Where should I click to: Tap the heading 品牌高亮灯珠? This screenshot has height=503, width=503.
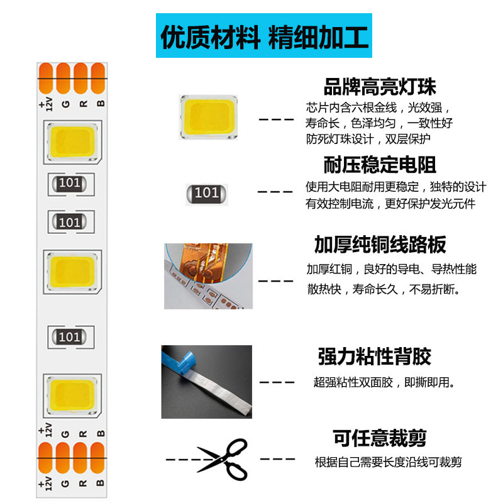click(x=379, y=86)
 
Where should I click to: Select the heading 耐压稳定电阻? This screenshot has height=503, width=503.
click(x=379, y=165)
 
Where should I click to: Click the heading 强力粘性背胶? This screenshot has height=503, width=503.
click(x=374, y=357)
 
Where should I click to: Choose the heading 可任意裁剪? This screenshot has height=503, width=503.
click(x=379, y=438)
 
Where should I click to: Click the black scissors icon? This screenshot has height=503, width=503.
click(x=222, y=459)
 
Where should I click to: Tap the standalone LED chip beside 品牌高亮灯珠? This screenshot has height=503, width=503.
click(x=208, y=116)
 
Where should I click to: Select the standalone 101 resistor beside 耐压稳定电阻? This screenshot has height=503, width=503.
click(x=206, y=193)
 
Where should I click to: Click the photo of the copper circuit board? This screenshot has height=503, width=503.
click(x=208, y=276)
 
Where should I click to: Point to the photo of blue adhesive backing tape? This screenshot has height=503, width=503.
click(x=206, y=382)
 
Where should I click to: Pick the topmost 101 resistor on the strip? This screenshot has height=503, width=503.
click(x=69, y=184)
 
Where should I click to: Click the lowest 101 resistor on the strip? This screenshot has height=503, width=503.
click(x=69, y=336)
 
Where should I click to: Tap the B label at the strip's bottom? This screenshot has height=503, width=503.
click(x=99, y=482)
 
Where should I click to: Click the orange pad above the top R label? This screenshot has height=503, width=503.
click(x=80, y=78)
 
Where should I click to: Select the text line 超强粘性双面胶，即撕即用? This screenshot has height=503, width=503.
click(x=384, y=382)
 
